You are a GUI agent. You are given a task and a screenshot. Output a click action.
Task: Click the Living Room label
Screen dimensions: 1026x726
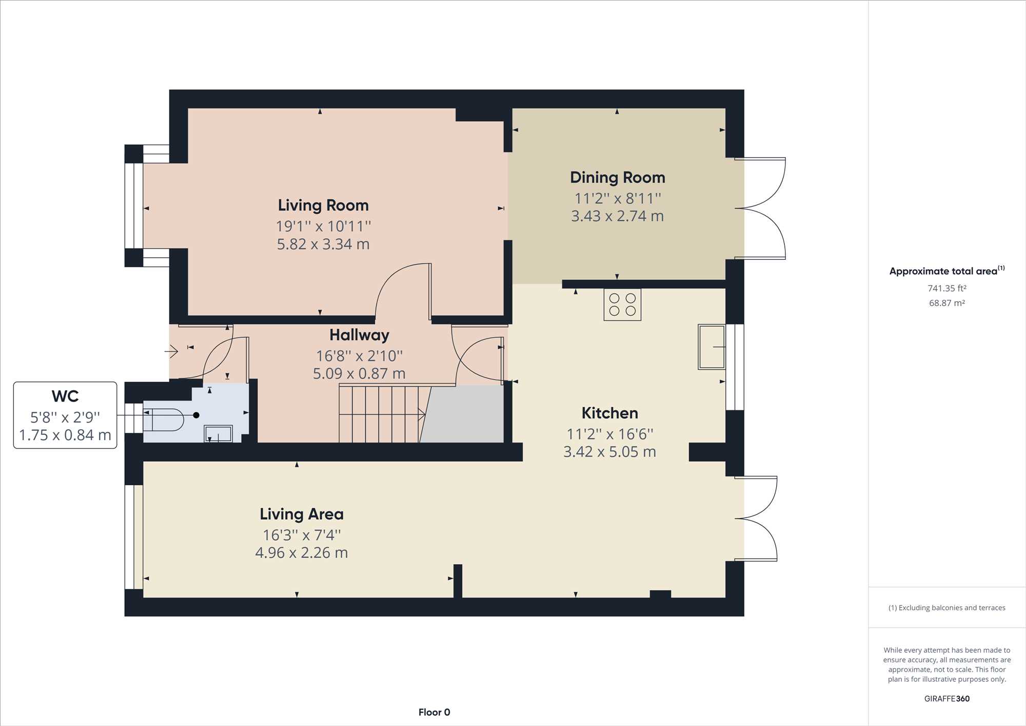(x=323, y=205)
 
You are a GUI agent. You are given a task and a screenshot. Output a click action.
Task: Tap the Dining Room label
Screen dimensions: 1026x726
(x=618, y=178)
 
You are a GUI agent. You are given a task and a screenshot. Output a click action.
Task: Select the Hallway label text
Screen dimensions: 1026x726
(x=359, y=335)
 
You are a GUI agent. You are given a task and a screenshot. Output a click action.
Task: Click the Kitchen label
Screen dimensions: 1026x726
(x=610, y=413)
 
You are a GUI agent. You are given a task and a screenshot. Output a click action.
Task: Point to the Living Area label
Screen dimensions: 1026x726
(x=302, y=514)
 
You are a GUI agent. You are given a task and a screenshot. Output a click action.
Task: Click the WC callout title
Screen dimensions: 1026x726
(x=65, y=396)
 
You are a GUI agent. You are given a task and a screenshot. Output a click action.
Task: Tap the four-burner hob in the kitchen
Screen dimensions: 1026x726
(x=622, y=305)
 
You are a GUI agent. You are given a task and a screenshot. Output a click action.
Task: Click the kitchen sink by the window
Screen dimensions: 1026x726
(x=712, y=347)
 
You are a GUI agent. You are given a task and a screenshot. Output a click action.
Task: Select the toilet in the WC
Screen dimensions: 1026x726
(x=163, y=420)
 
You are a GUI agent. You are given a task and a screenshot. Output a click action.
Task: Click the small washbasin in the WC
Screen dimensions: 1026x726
(x=219, y=433)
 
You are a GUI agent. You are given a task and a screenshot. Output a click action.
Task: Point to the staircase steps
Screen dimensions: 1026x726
(x=380, y=414)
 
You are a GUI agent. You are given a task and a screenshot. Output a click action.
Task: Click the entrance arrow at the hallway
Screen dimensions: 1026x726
(x=171, y=352)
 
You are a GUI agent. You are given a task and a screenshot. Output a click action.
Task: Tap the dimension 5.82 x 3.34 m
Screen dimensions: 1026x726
(x=323, y=244)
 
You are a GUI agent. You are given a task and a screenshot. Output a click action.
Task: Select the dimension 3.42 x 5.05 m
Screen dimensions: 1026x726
(x=609, y=452)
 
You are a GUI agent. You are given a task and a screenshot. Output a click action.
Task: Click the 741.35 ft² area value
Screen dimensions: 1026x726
(x=947, y=288)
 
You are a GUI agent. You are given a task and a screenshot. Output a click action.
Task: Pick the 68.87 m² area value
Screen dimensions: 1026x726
(x=947, y=303)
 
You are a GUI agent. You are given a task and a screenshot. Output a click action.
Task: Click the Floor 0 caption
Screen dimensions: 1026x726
(x=434, y=712)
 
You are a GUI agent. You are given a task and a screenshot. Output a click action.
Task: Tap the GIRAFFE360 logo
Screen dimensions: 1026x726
(x=947, y=699)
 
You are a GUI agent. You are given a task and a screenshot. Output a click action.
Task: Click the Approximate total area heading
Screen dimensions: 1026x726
(x=947, y=271)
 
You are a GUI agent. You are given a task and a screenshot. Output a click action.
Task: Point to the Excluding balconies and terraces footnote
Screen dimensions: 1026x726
(x=947, y=608)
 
